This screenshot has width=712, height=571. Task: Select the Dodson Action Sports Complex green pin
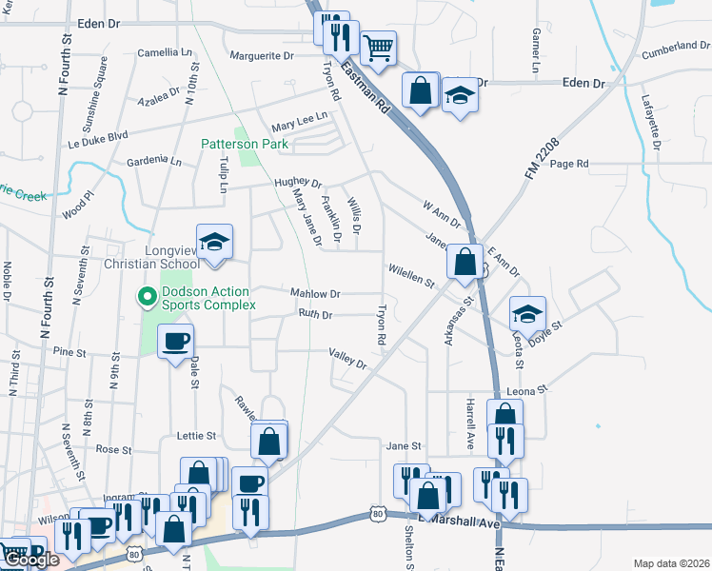pyautogui.click(x=147, y=298)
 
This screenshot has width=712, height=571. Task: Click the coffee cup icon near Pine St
pyautogui.click(x=175, y=341)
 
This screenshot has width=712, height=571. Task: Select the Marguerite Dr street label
pyautogui.click(x=263, y=56)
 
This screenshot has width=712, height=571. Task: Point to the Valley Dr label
pyautogui.click(x=347, y=358)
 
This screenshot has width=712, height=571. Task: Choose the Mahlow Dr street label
pyautogui.click(x=315, y=294)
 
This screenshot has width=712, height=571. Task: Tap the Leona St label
pyautogui.click(x=530, y=390)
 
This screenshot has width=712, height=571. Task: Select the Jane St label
pyautogui.click(x=404, y=445)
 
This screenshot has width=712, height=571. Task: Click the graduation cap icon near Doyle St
pyautogui.click(x=527, y=313)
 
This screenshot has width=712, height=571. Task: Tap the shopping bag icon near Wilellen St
pyautogui.click(x=465, y=262)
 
